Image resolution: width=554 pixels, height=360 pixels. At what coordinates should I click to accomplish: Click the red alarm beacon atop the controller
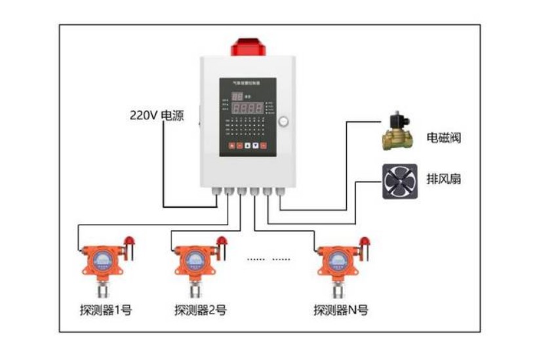click(x=247, y=47)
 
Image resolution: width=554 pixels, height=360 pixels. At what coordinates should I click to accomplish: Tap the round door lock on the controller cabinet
click(x=283, y=121)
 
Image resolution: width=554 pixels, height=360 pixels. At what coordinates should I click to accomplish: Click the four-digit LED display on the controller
click(x=250, y=108)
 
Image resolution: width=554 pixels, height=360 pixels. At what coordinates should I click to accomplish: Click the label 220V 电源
click(x=156, y=117)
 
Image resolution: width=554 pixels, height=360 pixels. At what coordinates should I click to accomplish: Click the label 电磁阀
click(x=444, y=138)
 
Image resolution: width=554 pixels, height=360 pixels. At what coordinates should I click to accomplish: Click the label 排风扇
click(x=444, y=178)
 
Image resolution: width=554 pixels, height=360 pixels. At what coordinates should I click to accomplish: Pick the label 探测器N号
click(x=340, y=310)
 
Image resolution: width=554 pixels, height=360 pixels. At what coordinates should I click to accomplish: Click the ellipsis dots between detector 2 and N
click(x=268, y=259)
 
